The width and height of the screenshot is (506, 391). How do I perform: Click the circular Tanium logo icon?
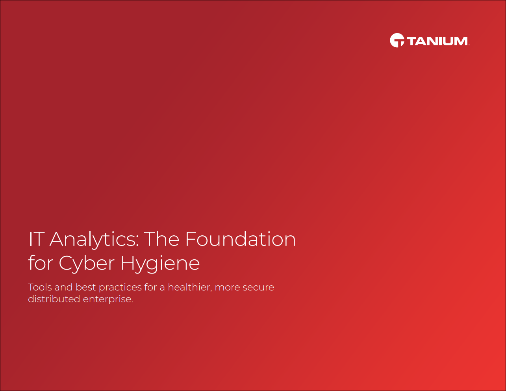pyautogui.click(x=397, y=40)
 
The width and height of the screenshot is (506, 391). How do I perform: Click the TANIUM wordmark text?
pyautogui.click(x=437, y=41)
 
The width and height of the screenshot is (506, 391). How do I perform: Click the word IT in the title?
pyautogui.click(x=35, y=239)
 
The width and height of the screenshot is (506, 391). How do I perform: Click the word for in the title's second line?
pyautogui.click(x=39, y=263)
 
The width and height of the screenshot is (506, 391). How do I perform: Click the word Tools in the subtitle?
pyautogui.click(x=40, y=287)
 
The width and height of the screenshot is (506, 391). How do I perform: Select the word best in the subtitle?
pyautogui.click(x=85, y=287)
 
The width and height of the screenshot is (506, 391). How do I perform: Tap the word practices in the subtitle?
pyautogui.click(x=120, y=288)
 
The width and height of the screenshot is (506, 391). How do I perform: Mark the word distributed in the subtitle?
pyautogui.click(x=54, y=299)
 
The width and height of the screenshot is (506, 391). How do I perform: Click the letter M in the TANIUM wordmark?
pyautogui.click(x=461, y=41)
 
